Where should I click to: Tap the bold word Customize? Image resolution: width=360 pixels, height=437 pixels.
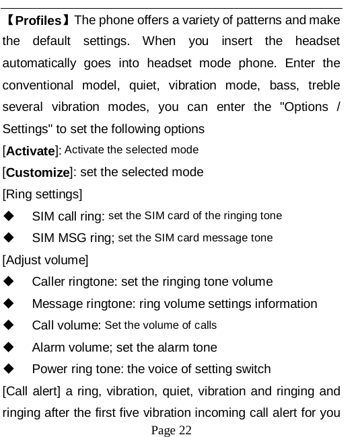click(x=38, y=172)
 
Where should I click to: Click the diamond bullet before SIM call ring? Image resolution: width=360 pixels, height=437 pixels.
click(x=9, y=216)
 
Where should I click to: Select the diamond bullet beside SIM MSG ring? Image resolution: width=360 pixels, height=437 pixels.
click(x=9, y=238)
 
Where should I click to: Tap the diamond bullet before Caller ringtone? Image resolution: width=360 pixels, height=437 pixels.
click(x=9, y=282)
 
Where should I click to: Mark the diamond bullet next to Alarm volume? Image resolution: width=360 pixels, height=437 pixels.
click(x=9, y=348)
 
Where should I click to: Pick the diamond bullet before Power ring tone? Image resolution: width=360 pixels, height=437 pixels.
click(x=9, y=369)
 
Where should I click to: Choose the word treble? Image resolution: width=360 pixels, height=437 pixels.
click(x=320, y=85)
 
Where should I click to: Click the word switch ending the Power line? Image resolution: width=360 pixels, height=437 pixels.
click(x=252, y=369)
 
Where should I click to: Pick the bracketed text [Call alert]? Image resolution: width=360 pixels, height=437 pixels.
click(x=33, y=391)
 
